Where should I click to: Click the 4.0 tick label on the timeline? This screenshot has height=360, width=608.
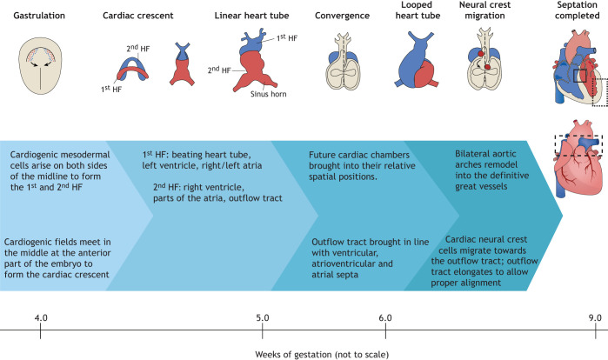40,316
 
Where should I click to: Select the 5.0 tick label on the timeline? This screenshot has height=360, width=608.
262,316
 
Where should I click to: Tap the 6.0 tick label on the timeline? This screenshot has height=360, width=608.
385,316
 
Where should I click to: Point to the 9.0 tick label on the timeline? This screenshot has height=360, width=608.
595,316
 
